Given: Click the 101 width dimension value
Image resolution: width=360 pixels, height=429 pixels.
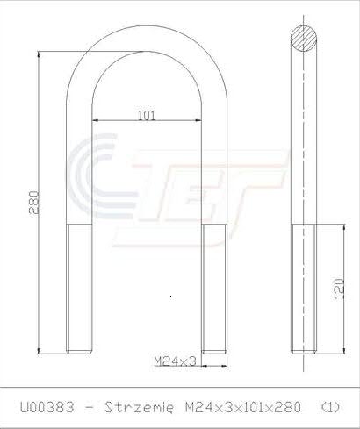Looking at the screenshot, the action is coord(147,116).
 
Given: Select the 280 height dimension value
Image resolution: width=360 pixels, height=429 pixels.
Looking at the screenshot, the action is coord(34,203).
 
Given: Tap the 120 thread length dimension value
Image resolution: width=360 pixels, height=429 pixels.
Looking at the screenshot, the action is coord(339,289).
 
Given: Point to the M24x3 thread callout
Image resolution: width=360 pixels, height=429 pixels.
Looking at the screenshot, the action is coord(175,361).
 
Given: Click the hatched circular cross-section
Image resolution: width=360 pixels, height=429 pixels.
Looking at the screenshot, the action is coord(304,39).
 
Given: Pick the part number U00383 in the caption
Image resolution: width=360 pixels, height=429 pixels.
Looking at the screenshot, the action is coord(47,407).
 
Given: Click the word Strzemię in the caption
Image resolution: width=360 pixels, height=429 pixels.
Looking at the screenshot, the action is coord(139,407).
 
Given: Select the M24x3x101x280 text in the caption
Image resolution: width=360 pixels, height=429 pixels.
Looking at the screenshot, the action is coord(243,407).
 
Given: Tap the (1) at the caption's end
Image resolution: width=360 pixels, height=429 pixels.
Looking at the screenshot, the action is coord(330,407).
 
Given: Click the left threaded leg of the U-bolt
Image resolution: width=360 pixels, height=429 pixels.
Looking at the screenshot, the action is coord(79,289).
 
